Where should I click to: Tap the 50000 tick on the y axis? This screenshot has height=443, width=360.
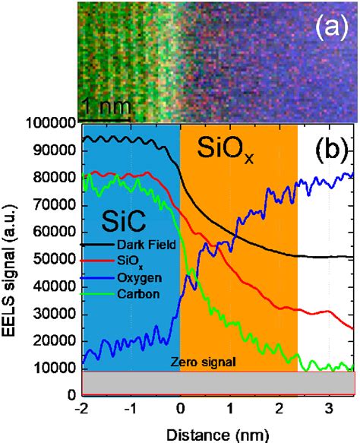[x=55, y=260]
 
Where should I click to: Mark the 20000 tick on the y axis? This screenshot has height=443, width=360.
[x=55, y=341]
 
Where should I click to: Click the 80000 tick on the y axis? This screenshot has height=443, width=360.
[x=55, y=178]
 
